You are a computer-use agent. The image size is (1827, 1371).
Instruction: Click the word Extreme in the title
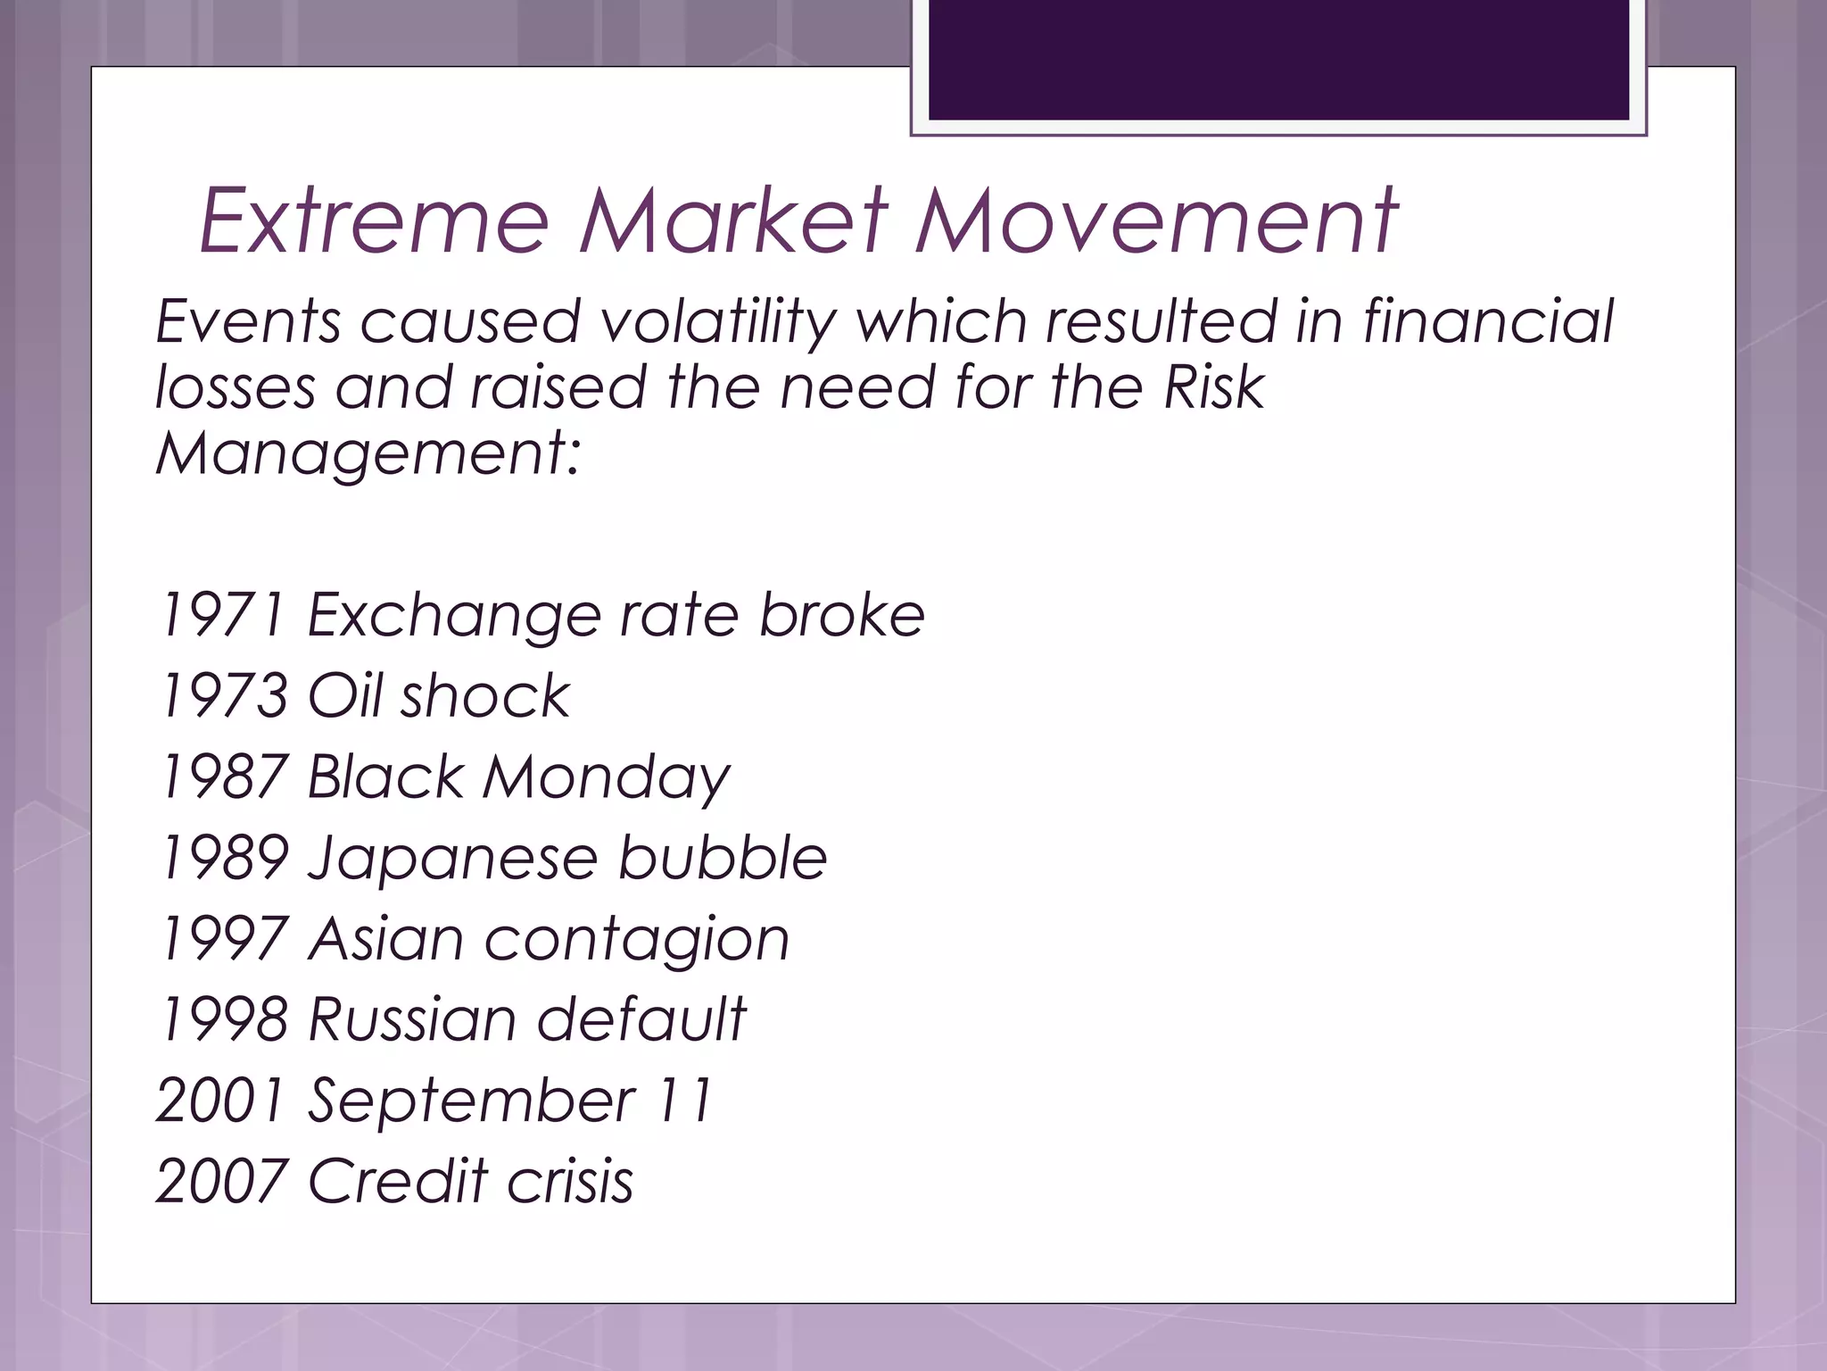tap(373, 220)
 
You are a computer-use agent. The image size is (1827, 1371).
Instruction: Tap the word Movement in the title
tap(1156, 220)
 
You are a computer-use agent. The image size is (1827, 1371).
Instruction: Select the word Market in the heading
tap(733, 220)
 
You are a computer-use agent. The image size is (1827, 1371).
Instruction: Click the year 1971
tap(223, 616)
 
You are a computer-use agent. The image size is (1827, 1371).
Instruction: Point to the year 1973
tap(223, 696)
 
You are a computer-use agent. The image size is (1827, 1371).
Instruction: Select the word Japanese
tap(451, 859)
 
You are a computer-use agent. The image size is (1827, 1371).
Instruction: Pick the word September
tap(471, 1101)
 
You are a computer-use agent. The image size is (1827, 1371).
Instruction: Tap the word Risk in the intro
tap(1213, 388)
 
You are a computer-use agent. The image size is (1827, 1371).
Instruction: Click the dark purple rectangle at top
tap(1278, 59)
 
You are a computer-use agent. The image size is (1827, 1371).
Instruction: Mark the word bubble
tap(723, 859)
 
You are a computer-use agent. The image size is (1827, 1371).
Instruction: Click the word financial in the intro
tap(1488, 321)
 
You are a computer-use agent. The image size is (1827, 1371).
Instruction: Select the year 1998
tap(223, 1019)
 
